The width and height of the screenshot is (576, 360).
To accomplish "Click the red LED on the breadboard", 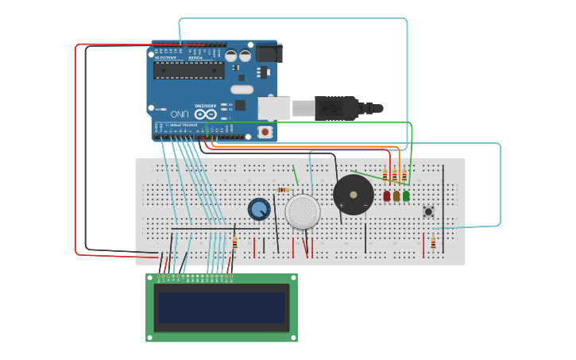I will [x=387, y=195].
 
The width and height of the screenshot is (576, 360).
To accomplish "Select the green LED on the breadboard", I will [x=406, y=195].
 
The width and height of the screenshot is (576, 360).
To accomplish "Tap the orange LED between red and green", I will [x=396, y=195].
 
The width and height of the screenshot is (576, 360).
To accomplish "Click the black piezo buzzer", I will [x=353, y=195].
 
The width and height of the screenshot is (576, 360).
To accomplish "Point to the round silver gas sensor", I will [x=303, y=212].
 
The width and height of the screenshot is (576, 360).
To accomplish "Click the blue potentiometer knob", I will [x=259, y=209].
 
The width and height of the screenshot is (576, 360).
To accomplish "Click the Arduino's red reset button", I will [x=265, y=131].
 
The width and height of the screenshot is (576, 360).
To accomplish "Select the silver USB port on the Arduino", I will [x=274, y=107].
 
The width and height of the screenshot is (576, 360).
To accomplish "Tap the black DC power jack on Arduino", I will [x=268, y=53].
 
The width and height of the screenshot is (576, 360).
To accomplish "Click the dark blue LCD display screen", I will [x=222, y=308].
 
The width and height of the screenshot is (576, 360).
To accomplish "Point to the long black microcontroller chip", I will [x=189, y=71].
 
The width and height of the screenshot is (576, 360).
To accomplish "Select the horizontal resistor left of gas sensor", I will [x=284, y=190].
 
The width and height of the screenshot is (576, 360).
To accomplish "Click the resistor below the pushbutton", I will [x=433, y=243].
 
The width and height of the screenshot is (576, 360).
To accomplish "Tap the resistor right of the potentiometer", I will [x=234, y=243].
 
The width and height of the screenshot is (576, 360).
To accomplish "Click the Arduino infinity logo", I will [x=206, y=114].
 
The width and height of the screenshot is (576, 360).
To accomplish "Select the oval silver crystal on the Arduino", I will [x=242, y=89].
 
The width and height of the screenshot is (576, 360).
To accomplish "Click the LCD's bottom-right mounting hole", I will [x=292, y=337].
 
